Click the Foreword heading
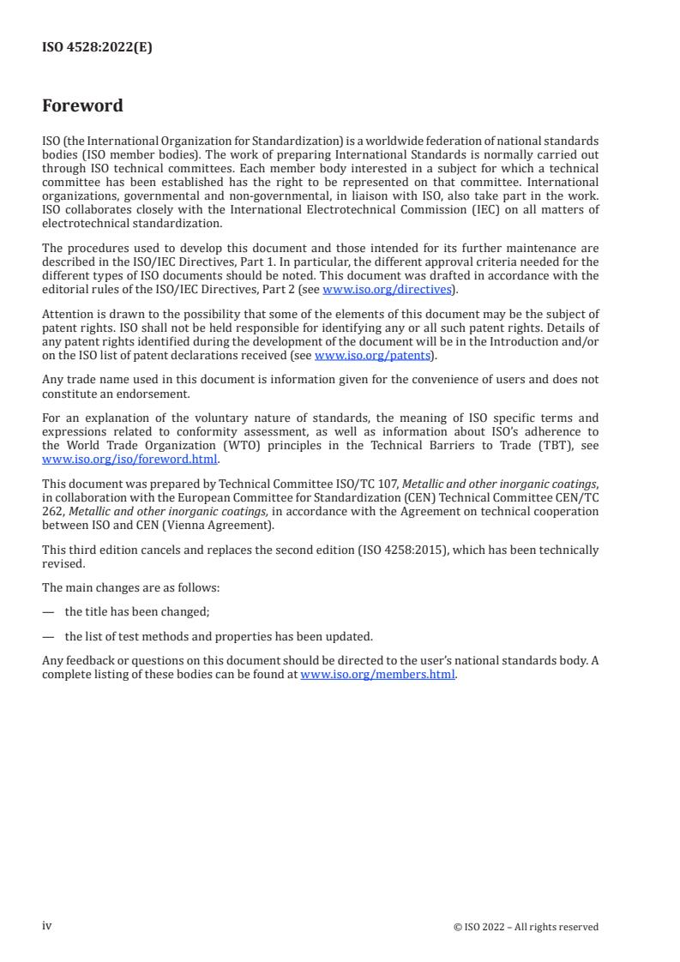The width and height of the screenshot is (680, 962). click(82, 106)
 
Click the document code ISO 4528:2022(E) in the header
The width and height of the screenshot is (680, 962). click(97, 48)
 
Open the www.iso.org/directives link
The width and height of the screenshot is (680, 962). click(386, 290)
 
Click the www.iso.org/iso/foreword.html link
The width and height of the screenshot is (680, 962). click(129, 459)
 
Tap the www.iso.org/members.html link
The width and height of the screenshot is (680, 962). click(378, 675)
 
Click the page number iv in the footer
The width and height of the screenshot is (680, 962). click(47, 926)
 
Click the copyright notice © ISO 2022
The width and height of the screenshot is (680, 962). click(526, 927)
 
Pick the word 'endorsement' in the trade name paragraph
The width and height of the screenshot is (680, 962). click(165, 392)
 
